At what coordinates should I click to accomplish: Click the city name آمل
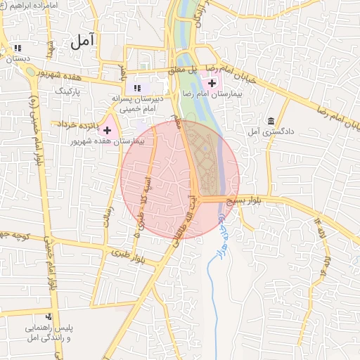coord(82,41)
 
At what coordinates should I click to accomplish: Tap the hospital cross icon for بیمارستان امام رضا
coord(212,83)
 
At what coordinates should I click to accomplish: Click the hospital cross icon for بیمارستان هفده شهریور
coord(107,130)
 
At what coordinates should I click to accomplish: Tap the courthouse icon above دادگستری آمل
coord(271,120)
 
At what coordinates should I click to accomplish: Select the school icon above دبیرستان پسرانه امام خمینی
coord(138,88)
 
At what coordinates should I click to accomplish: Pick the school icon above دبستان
coord(17,49)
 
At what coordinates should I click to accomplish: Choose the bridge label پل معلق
coord(186,70)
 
